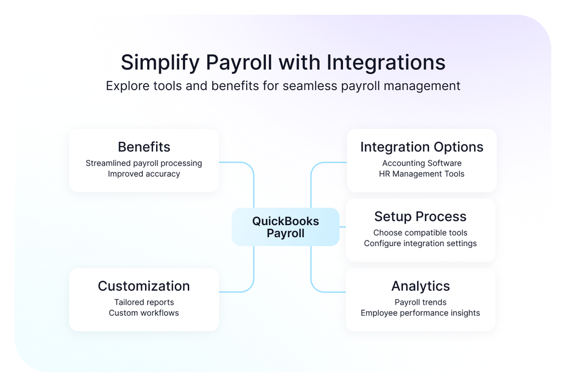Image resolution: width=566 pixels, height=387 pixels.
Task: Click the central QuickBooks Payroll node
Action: pyautogui.click(x=285, y=227)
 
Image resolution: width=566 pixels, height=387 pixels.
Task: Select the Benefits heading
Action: pyautogui.click(x=144, y=147)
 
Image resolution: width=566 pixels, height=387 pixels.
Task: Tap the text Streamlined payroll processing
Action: pyautogui.click(x=144, y=163)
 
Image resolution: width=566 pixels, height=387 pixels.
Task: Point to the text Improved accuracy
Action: pyautogui.click(x=144, y=174)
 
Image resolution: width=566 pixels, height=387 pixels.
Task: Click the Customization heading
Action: pyautogui.click(x=144, y=286)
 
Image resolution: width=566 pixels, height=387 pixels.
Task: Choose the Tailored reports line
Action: pyautogui.click(x=144, y=302)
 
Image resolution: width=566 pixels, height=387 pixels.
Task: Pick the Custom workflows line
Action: pyautogui.click(x=144, y=313)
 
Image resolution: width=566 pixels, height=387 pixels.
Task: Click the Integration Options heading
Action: pyautogui.click(x=422, y=147)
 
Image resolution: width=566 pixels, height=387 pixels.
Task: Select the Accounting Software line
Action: pyautogui.click(x=422, y=163)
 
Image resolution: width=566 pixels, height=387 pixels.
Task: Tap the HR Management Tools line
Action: pyautogui.click(x=422, y=174)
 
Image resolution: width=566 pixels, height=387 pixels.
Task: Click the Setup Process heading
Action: pyautogui.click(x=420, y=217)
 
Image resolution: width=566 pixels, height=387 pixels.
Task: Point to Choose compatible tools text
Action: pyautogui.click(x=420, y=233)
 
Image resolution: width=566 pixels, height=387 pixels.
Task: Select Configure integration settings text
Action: pyautogui.click(x=420, y=243)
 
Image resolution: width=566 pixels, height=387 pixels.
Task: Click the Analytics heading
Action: pyautogui.click(x=420, y=286)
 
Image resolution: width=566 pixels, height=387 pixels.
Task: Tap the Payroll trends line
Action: pyautogui.click(x=420, y=302)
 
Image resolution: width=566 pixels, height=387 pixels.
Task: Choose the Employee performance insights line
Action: pyautogui.click(x=420, y=313)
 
